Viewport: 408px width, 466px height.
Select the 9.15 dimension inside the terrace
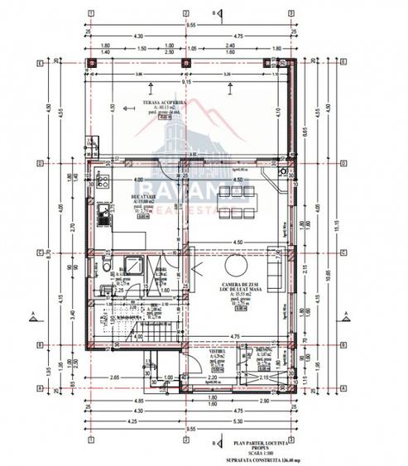tap(188, 82)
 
